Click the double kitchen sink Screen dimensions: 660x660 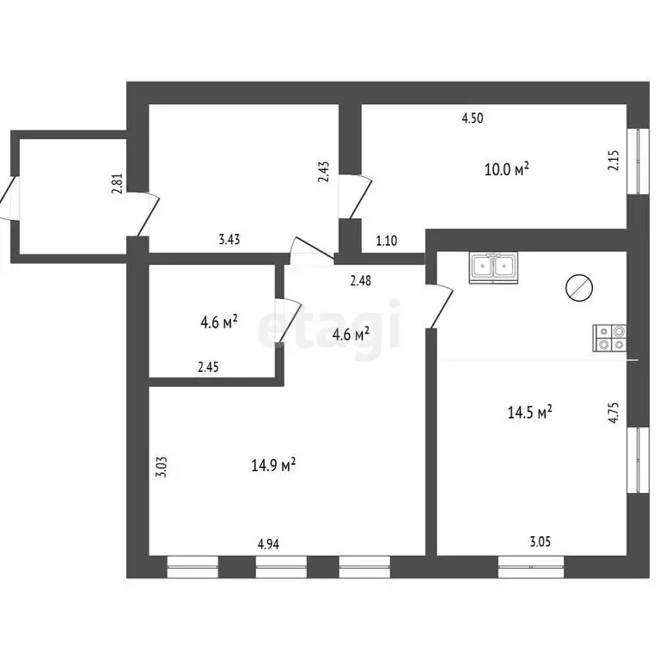coord(493,268)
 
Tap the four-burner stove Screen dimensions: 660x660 coord(609,338)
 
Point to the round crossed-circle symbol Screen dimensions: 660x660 coord(579,288)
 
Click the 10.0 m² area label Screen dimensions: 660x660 coord(507,169)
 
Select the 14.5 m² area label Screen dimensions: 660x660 coord(529,412)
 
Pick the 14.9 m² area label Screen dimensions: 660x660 coord(273,465)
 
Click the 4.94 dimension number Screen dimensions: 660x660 coord(268,544)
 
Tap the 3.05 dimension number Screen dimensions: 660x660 coord(540,541)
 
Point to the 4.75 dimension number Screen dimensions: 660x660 coord(614,412)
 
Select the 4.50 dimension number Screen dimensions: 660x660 coord(473,119)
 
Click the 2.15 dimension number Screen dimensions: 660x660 coord(614,161)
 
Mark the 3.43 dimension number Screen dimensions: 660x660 coord(229,240)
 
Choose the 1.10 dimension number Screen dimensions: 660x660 coord(387,241)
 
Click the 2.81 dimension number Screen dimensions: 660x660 coord(117,184)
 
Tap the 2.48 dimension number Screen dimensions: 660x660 coord(361,280)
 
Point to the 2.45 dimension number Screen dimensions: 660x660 coord(208,367)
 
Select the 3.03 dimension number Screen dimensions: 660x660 coord(162,467)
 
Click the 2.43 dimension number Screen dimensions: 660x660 coord(324,172)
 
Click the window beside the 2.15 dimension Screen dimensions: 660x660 coord(639,162)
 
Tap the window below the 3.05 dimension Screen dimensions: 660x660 coord(531,566)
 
